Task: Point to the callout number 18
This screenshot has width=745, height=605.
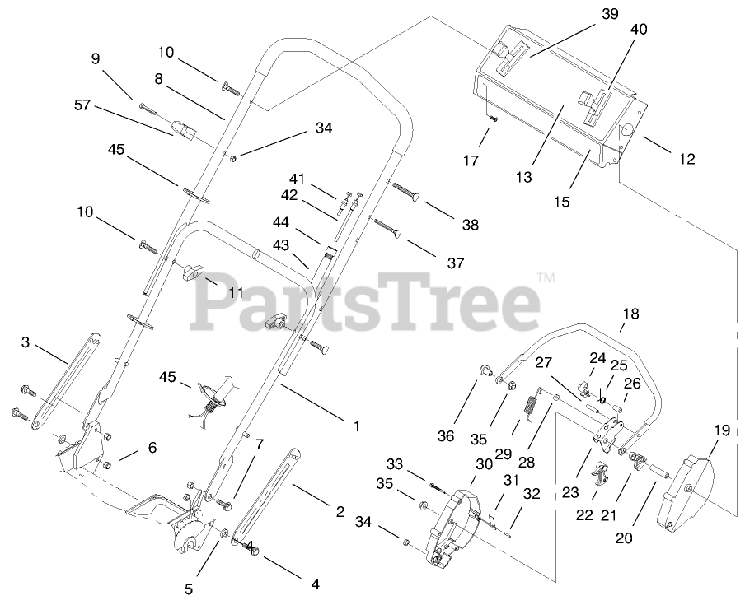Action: click(630, 314)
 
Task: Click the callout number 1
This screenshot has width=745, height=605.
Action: click(356, 426)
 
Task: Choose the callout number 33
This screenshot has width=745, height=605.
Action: click(395, 466)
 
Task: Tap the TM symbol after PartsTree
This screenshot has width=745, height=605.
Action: click(545, 278)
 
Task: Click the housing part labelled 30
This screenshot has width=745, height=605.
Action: click(454, 519)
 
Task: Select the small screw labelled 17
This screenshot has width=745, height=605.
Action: click(493, 118)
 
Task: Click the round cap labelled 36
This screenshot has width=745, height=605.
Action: click(483, 371)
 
